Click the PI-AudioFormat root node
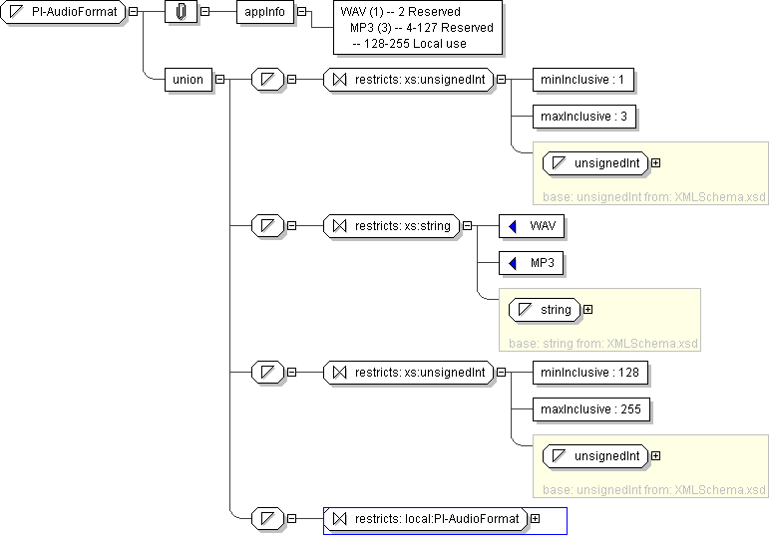(x=64, y=12)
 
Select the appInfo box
(x=264, y=12)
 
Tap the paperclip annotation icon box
(x=181, y=12)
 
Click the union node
(x=189, y=80)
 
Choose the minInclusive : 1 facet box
(x=582, y=80)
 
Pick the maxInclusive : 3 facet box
(x=583, y=117)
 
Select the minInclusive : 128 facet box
(x=589, y=373)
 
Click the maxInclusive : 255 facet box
(x=590, y=409)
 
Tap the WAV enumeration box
(x=532, y=226)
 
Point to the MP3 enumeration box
(x=531, y=263)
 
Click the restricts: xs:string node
(x=391, y=226)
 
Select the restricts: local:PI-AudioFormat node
(x=425, y=519)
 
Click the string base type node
(x=545, y=310)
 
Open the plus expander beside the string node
(x=587, y=310)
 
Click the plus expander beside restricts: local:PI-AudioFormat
(x=536, y=518)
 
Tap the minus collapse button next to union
(x=220, y=79)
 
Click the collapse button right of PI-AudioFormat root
(x=133, y=12)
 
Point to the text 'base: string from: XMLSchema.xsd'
(x=603, y=344)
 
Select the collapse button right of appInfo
(x=302, y=12)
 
